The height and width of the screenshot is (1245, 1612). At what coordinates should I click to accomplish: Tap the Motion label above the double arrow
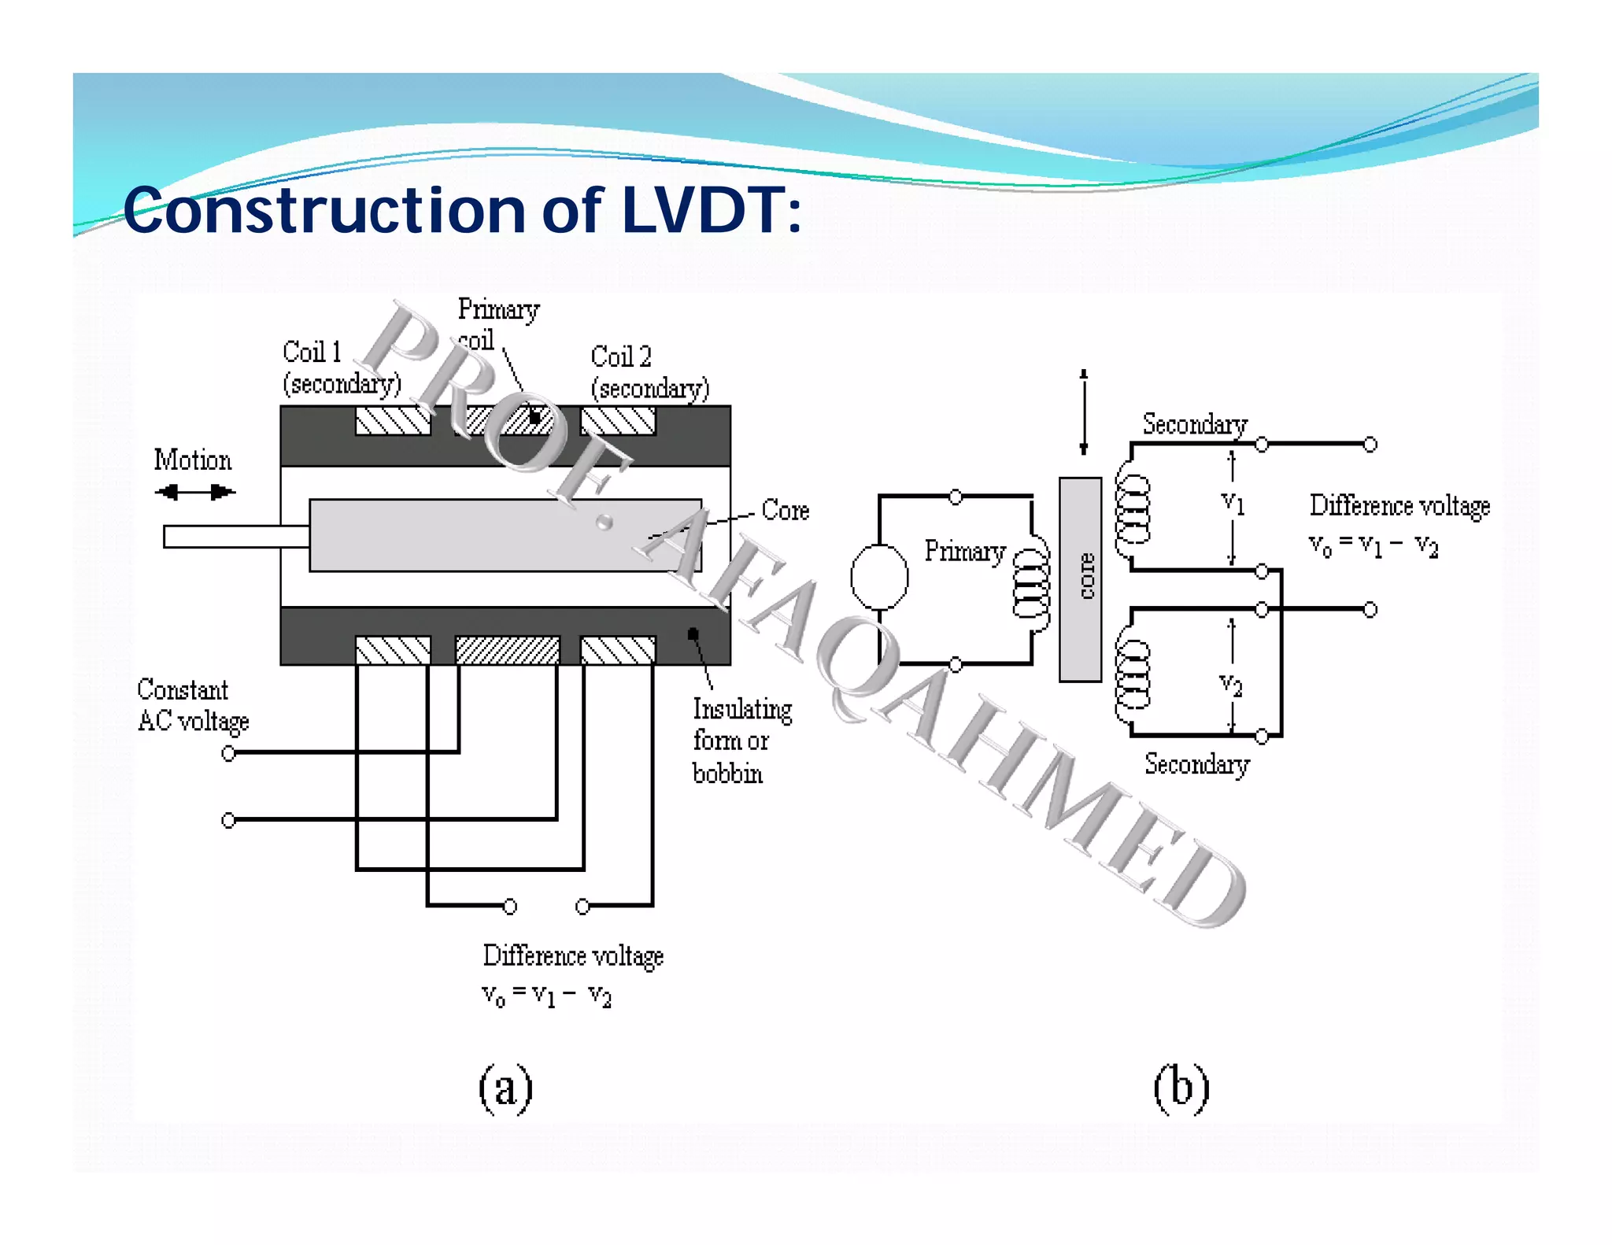(193, 460)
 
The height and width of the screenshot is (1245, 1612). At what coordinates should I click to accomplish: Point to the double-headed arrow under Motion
(194, 493)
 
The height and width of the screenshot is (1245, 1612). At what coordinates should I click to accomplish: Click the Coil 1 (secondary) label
(340, 368)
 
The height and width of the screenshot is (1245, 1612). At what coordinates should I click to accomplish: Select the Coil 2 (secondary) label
(649, 372)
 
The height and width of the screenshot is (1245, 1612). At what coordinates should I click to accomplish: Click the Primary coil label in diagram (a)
(497, 323)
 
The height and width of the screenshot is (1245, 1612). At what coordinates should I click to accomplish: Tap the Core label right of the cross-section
(785, 510)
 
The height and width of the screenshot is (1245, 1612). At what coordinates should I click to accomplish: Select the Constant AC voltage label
(192, 705)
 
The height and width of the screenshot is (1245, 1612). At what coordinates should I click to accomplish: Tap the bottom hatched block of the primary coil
(508, 650)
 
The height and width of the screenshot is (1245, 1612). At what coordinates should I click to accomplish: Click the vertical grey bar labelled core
(1080, 579)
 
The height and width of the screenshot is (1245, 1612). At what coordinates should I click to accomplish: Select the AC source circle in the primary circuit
(879, 577)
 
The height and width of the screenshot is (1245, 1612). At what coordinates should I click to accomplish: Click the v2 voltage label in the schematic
(1231, 685)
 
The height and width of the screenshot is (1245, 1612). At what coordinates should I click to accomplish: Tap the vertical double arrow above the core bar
(1084, 412)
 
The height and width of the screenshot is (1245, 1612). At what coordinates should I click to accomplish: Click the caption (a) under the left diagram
(505, 1088)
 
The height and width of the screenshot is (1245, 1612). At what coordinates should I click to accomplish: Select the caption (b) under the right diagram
(1181, 1088)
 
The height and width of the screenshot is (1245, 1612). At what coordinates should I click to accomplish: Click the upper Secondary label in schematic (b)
(1194, 424)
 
